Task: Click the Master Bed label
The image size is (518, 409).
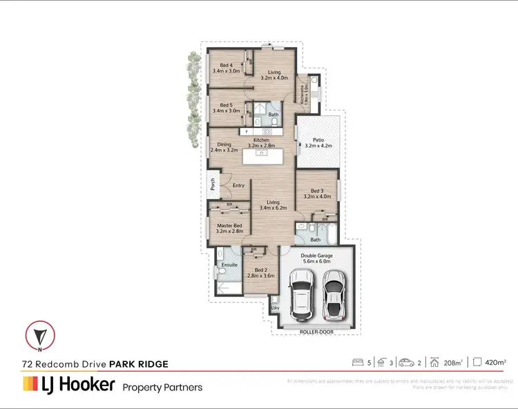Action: (229, 227)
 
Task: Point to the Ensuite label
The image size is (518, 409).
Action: (229, 265)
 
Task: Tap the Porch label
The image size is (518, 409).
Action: (213, 184)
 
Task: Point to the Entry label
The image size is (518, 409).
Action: (238, 185)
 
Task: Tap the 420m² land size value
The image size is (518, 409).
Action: (495, 362)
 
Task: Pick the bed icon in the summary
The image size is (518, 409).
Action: (358, 362)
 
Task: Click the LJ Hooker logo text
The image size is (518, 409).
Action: (68, 385)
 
